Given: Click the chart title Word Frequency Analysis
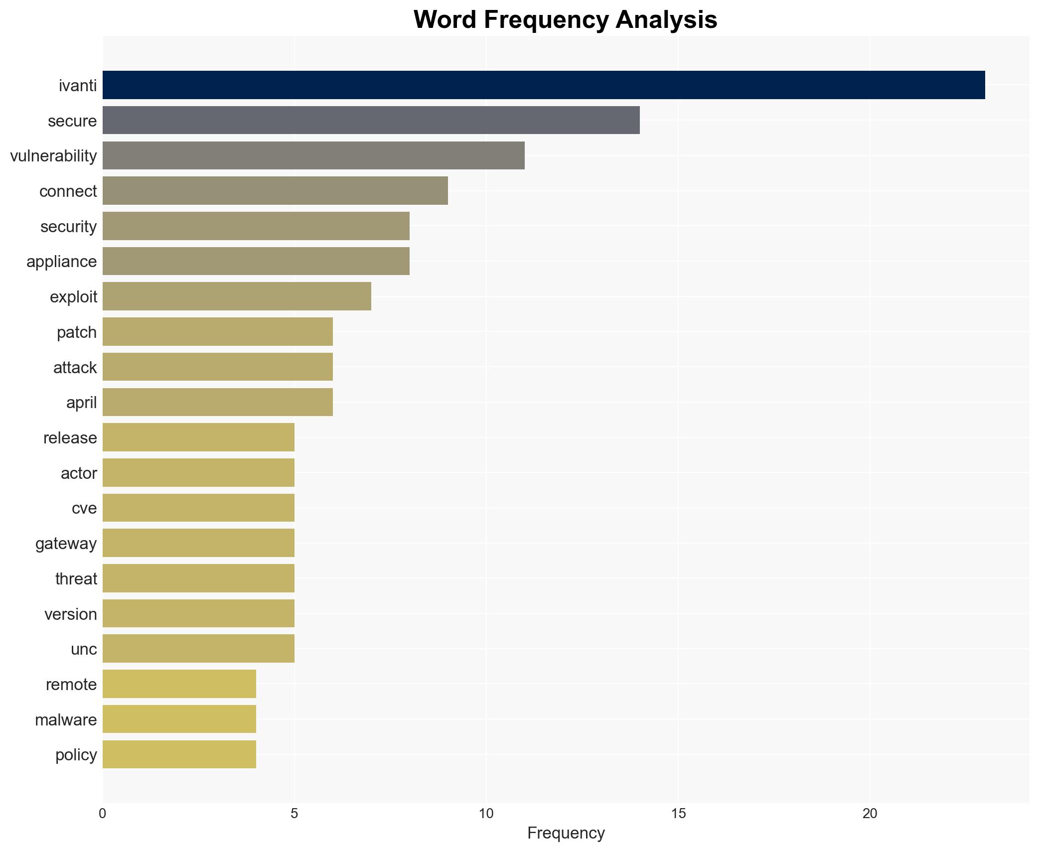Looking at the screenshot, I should tap(565, 20).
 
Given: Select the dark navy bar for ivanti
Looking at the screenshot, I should tap(543, 85).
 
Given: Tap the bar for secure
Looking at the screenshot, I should tap(371, 120).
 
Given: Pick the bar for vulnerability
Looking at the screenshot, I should tap(313, 155).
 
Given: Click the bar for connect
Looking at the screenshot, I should tap(275, 191).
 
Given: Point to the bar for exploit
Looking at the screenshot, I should tap(237, 296).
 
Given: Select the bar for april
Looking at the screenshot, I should tap(217, 402).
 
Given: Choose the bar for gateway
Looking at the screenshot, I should tap(198, 543).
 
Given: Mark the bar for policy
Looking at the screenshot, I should tap(179, 754).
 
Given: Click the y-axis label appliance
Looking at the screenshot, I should tap(61, 262).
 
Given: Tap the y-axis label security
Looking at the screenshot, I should tap(68, 227).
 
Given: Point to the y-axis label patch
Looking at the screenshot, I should tap(76, 332).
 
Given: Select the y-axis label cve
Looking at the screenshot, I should tap(84, 508).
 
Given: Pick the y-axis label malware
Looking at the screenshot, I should tap(65, 720).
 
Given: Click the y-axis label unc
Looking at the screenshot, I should tap(83, 649).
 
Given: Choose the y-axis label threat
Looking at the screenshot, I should tap(76, 579).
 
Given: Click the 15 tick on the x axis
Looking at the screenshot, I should tap(678, 814).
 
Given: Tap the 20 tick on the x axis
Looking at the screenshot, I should tap(870, 814).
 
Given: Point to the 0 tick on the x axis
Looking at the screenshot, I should tap(103, 814).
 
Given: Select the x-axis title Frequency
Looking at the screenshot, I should tap(566, 833).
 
